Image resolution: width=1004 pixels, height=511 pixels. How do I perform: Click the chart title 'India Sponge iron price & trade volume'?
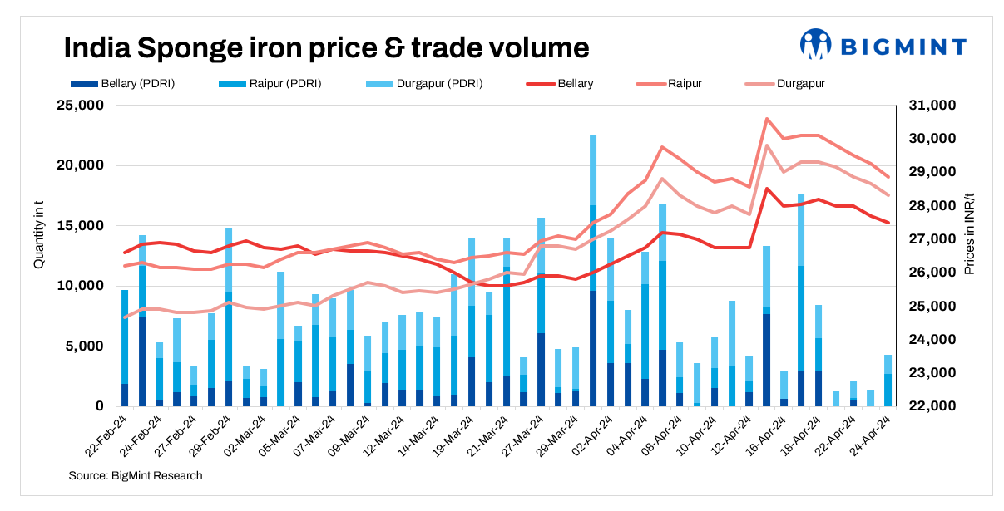pyautogui.click(x=327, y=47)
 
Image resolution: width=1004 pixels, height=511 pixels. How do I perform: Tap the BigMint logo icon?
pyautogui.click(x=815, y=45)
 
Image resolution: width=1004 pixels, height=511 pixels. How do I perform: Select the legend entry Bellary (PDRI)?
pyautogui.click(x=122, y=83)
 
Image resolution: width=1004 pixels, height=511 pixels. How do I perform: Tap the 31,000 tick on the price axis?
pyautogui.click(x=934, y=106)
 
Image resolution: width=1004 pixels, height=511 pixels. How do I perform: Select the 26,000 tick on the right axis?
pyautogui.click(x=934, y=273)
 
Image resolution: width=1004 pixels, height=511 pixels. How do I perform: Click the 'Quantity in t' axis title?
pyautogui.click(x=39, y=238)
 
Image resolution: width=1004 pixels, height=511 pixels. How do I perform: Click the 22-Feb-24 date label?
pyautogui.click(x=107, y=434)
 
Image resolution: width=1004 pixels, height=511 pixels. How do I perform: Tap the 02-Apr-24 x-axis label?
pyautogui.click(x=576, y=434)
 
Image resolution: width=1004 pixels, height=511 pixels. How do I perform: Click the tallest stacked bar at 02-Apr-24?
pyautogui.click(x=593, y=274)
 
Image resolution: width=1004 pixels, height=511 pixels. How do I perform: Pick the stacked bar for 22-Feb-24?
pyautogui.click(x=125, y=349)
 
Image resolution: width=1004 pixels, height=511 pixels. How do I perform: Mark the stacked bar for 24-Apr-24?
pyautogui.click(x=888, y=381)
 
